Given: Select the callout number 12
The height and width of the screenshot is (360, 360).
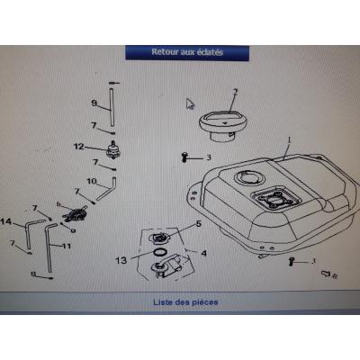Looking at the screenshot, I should (x=78, y=146).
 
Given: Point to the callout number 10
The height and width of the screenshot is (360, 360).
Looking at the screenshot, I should (x=91, y=182).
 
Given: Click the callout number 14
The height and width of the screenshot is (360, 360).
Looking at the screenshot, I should (x=6, y=221).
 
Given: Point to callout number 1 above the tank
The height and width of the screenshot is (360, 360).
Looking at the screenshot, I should (x=290, y=141).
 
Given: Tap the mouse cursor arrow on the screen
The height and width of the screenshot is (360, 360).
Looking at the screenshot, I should (x=190, y=103).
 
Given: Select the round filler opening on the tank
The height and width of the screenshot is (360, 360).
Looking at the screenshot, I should (x=246, y=182).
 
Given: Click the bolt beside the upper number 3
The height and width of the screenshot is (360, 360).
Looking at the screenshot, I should (x=184, y=157).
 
